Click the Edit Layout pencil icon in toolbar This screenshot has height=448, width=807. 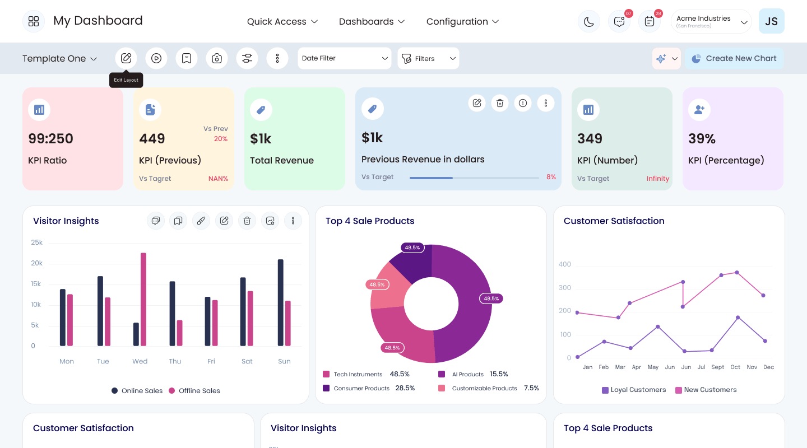126,58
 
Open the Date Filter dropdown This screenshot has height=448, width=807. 345,58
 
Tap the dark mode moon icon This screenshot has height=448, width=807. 588,22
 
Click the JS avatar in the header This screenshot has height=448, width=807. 771,21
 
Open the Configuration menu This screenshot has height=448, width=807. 462,22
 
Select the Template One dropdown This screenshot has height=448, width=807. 60,58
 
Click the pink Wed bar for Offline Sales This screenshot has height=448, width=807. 143,299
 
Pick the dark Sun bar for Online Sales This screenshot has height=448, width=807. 280,302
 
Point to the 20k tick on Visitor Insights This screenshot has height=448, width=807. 37,263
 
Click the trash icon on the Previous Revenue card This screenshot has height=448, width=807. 500,104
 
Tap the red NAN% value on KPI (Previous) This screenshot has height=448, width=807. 219,179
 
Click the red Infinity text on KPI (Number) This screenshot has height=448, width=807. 658,179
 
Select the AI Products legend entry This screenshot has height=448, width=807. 472,374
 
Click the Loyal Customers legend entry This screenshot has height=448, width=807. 634,390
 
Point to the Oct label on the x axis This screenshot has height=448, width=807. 735,367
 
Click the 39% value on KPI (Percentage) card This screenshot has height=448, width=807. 702,139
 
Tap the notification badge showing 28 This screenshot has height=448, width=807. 658,13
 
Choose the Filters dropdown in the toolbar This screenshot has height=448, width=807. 428,58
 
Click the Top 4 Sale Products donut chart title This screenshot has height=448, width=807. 370,221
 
